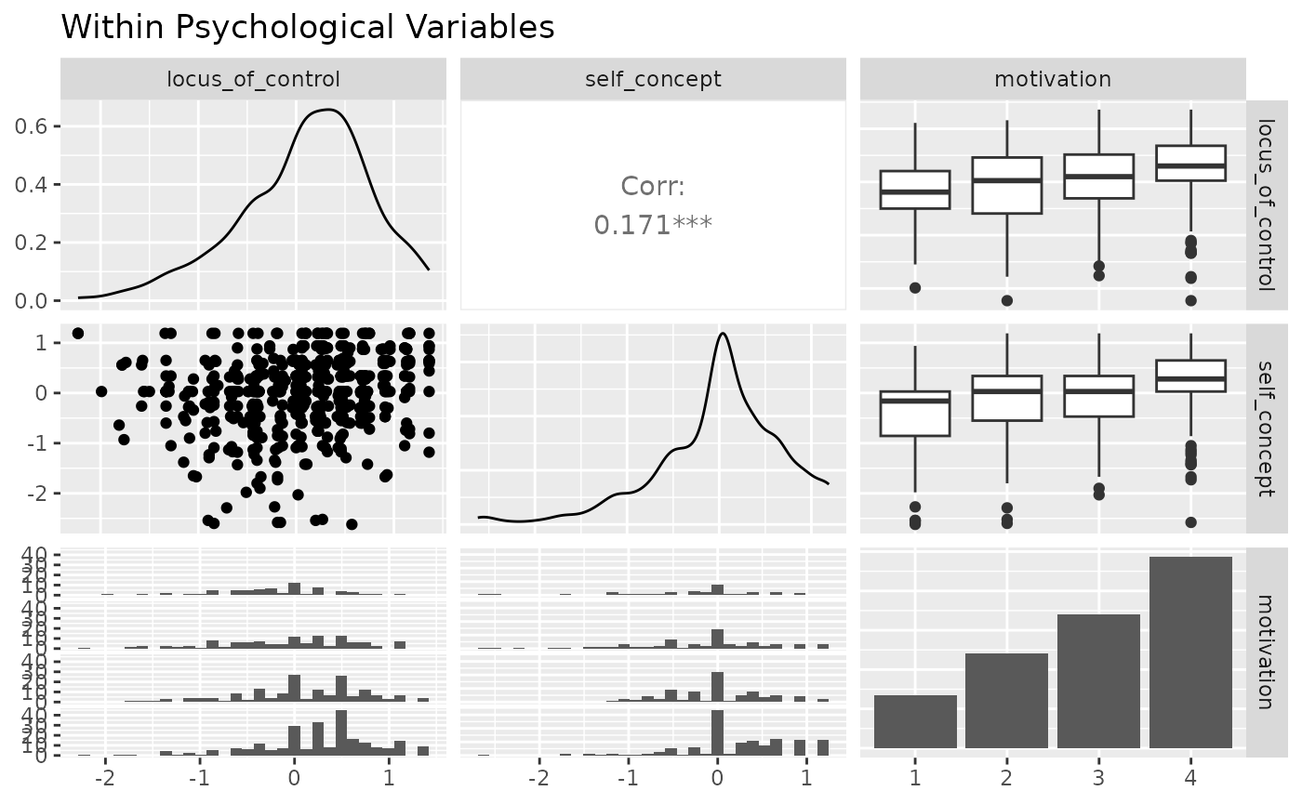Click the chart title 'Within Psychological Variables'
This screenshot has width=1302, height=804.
tap(307, 28)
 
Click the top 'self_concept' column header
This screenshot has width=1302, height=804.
tap(652, 79)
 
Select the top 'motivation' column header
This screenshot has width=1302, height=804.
tap(1053, 79)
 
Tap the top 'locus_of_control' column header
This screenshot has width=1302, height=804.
tap(253, 79)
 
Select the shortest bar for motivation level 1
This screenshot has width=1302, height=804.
tap(915, 721)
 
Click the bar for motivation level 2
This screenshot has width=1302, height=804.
tap(1007, 701)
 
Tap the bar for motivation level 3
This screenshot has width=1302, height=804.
tap(1098, 681)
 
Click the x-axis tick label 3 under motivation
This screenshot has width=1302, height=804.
tap(1098, 774)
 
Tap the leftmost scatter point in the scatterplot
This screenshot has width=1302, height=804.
tap(78, 333)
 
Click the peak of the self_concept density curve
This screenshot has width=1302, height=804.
tap(721, 334)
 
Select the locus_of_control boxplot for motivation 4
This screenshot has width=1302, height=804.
tap(1190, 164)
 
